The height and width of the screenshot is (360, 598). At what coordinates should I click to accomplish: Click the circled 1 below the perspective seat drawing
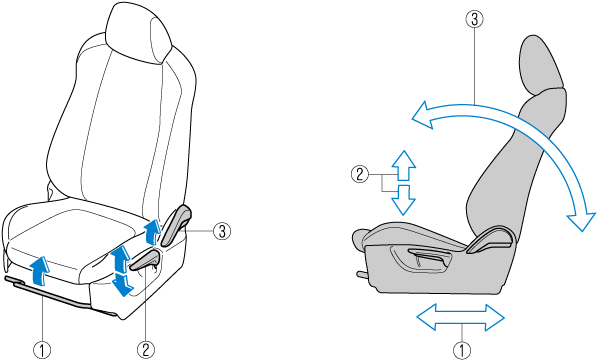coord(42,350)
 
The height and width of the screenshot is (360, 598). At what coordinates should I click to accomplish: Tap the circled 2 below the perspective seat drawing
coord(146,350)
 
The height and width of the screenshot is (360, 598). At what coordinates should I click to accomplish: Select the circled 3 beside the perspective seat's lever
coord(222,231)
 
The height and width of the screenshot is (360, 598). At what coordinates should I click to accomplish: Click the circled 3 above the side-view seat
coord(474,19)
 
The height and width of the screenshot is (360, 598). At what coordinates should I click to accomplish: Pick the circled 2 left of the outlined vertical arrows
coord(360,174)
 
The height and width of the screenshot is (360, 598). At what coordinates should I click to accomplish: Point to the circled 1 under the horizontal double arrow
coord(462,350)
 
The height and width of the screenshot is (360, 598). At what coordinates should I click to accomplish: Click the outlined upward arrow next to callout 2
coord(404,165)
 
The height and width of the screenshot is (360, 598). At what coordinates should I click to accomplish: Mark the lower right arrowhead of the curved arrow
coord(581,221)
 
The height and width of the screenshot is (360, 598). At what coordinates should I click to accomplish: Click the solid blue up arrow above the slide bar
coord(40,271)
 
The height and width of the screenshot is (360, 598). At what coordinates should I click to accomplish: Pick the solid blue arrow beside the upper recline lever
coord(153,231)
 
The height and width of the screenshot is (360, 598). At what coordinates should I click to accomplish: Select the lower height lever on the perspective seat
coord(146,261)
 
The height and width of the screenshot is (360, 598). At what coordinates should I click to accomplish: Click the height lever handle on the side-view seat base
coord(430,253)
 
